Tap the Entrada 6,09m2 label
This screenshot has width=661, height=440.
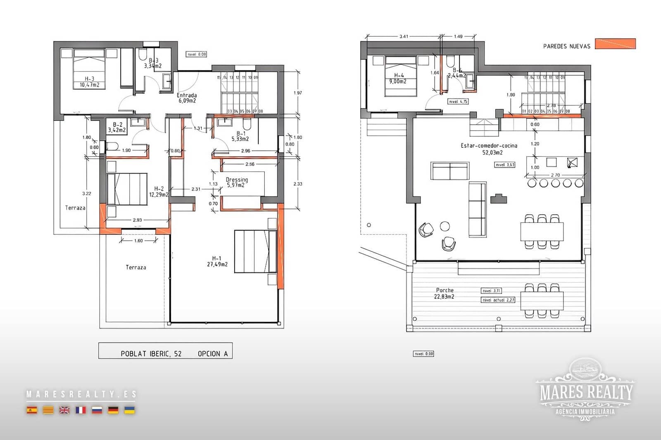[x=187, y=98]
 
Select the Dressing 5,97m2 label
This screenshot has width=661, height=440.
[x=237, y=182]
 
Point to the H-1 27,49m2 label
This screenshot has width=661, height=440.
[x=217, y=261]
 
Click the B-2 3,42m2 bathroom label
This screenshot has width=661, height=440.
[x=117, y=127]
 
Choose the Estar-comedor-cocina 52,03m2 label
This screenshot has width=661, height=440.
[x=489, y=149]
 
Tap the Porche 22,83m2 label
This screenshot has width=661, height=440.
[x=444, y=293]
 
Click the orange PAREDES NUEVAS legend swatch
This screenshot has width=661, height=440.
[x=615, y=44]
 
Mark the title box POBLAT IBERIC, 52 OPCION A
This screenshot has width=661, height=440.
[x=165, y=350]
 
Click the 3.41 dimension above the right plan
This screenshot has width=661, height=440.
[x=404, y=36]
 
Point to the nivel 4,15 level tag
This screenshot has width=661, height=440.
[x=458, y=101]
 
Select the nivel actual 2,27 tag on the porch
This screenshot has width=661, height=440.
[x=498, y=300]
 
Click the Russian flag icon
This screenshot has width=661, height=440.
[x=97, y=410]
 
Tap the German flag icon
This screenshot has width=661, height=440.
[x=113, y=410]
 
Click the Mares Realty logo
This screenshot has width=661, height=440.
[x=586, y=390]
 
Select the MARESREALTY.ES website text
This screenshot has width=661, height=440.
[x=81, y=394]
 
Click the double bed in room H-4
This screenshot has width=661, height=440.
[x=400, y=77]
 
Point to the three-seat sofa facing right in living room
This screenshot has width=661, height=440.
[x=477, y=209]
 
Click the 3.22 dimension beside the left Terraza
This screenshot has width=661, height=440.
[x=87, y=193]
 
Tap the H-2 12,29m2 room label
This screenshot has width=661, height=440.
[x=159, y=192]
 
